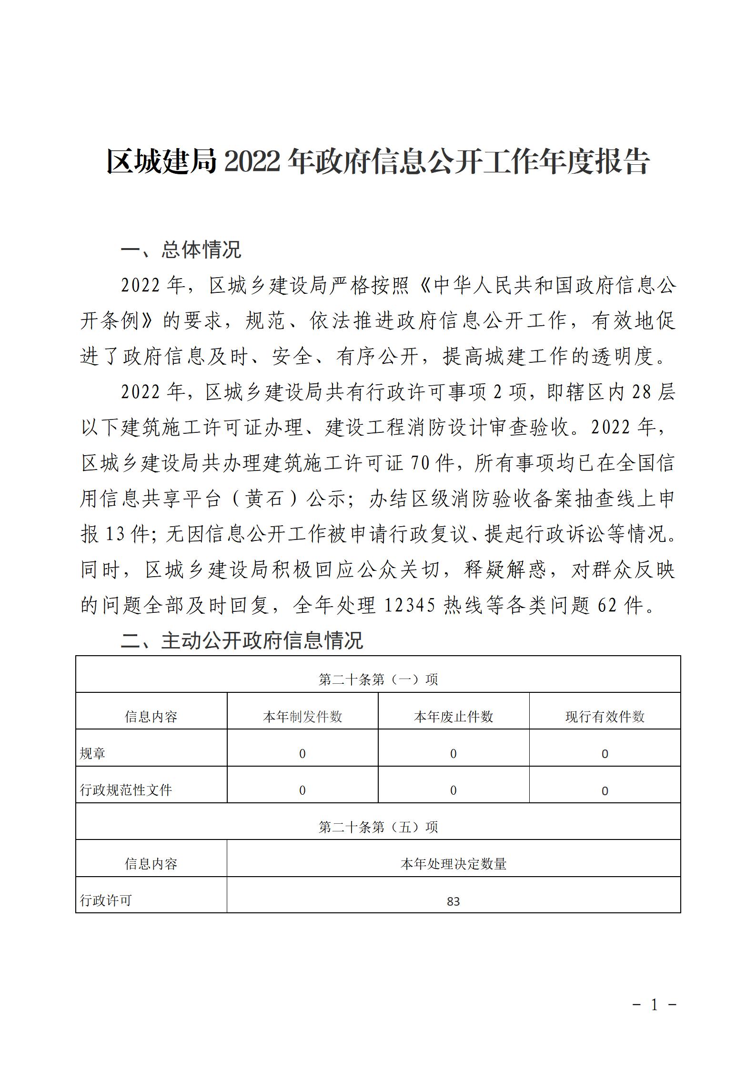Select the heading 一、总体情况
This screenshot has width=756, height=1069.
(181, 250)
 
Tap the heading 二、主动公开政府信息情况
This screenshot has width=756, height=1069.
(242, 640)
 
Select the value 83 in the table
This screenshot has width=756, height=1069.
(453, 901)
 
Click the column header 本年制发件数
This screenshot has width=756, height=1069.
(302, 717)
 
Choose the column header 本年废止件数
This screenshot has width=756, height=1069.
(454, 717)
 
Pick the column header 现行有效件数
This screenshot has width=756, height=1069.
(605, 717)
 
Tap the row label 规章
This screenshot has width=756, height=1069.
(92, 754)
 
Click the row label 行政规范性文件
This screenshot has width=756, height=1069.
(126, 790)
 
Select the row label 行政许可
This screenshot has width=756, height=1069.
(106, 900)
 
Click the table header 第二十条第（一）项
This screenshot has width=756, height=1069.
(378, 679)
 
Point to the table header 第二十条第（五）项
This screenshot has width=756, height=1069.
(378, 827)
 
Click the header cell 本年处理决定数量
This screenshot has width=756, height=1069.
(453, 864)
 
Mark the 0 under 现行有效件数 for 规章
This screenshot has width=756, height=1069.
(605, 754)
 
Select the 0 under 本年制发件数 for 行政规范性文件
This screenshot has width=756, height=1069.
(302, 790)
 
